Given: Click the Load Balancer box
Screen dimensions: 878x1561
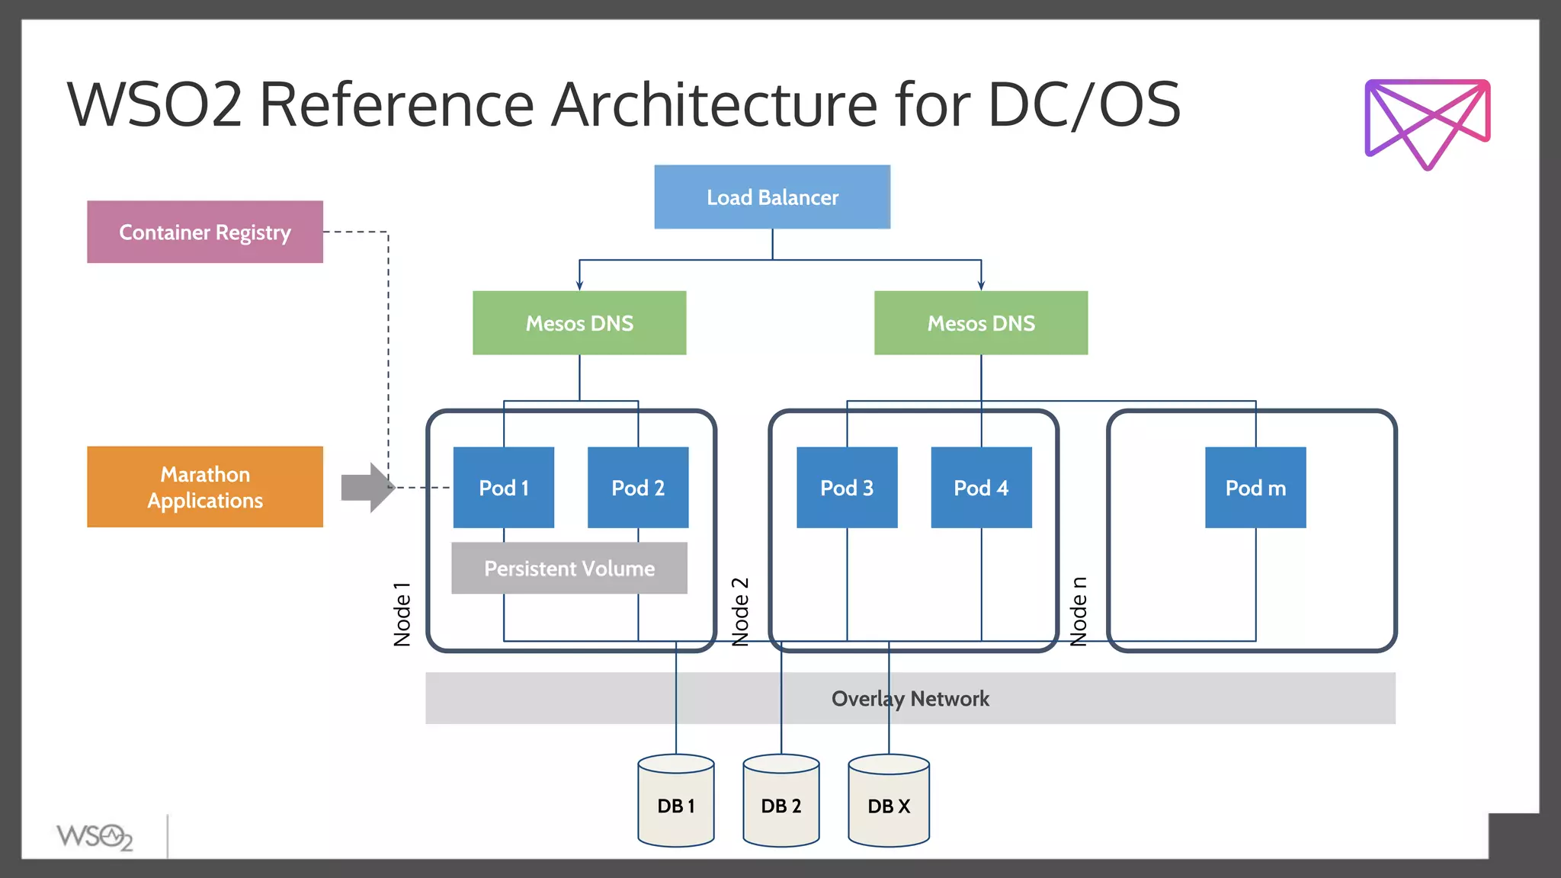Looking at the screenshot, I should (771, 197).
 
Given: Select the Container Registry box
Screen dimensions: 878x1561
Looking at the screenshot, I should (204, 232).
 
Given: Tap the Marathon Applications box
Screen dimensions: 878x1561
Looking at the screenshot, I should (204, 487).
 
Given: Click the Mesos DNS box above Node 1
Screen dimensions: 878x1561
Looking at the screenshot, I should (579, 323).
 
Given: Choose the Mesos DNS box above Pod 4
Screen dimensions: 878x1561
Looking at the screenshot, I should (980, 323).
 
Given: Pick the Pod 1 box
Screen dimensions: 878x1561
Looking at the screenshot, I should (503, 488).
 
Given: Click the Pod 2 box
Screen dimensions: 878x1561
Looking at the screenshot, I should (638, 488).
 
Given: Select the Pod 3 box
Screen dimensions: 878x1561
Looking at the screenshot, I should (847, 488).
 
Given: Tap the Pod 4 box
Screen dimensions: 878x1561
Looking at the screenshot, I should (981, 488).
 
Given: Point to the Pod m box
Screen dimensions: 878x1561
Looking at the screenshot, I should (1255, 488).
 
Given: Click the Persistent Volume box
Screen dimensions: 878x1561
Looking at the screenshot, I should (569, 569).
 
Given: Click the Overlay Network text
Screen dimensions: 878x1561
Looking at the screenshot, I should (910, 699).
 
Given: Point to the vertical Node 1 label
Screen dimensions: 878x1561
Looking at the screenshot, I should (402, 614).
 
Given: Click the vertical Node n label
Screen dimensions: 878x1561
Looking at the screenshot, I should (1078, 611).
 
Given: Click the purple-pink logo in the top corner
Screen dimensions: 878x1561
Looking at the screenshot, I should (1427, 122).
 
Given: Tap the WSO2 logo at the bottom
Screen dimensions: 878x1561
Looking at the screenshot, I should (95, 837).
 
